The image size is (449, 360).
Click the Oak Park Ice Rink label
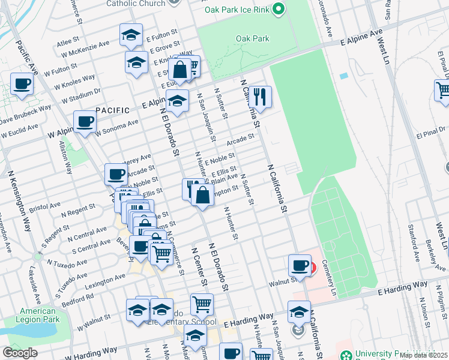point(237,10)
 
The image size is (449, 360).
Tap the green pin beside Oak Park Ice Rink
point(278,9)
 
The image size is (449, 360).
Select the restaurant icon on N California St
point(260,95)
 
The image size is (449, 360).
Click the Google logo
point(20,352)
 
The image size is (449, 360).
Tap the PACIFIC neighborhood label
point(112,110)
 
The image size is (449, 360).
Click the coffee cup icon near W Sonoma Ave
point(85,122)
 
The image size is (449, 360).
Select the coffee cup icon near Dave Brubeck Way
point(22,85)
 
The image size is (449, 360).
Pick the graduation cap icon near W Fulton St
point(131,35)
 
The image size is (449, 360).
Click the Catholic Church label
point(136,4)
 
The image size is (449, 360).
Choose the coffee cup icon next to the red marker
point(299,265)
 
